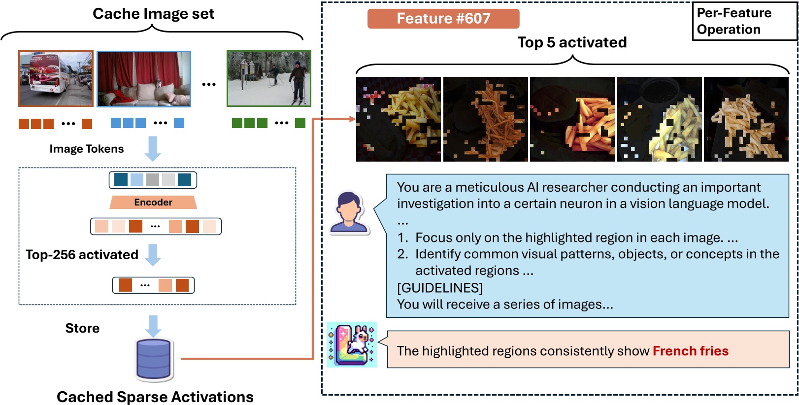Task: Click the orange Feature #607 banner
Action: pos(443,19)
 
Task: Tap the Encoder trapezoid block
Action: pos(153,202)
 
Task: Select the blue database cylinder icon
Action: pos(154,359)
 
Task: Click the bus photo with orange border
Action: pos(56,78)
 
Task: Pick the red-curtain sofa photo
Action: pos(144,79)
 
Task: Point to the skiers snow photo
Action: pos(269,78)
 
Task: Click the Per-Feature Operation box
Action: pos(744,21)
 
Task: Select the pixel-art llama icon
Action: pos(352,344)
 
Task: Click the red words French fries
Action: pos(691,351)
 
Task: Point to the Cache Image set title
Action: pos(153,14)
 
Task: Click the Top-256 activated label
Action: pos(82,254)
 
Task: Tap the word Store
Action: pos(82,328)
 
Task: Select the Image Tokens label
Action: pos(87,148)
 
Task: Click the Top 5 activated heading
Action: pos(572,42)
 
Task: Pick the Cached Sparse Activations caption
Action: pos(155,397)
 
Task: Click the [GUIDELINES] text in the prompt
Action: pos(440,288)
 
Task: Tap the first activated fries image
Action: pos(399,119)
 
